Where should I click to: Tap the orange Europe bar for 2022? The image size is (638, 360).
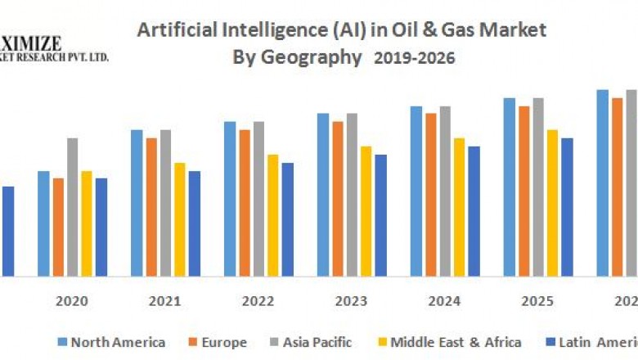(x=245, y=202)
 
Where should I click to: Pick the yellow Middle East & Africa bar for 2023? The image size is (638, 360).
(x=366, y=211)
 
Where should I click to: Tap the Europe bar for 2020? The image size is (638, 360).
(x=58, y=227)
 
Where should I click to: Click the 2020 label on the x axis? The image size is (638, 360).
(x=72, y=301)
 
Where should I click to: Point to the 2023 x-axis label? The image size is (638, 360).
(x=351, y=301)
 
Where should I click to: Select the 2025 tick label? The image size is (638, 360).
(x=537, y=301)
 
